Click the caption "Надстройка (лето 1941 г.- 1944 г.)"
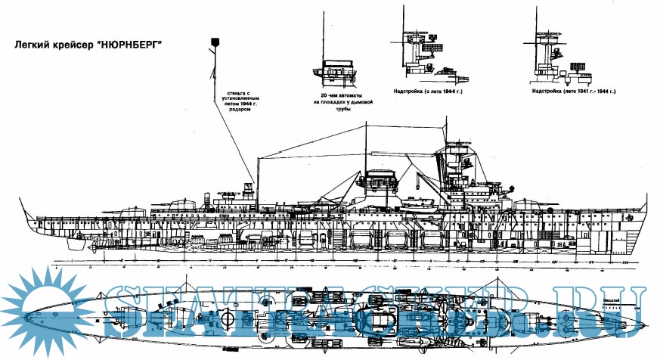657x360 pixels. pos(574,91)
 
